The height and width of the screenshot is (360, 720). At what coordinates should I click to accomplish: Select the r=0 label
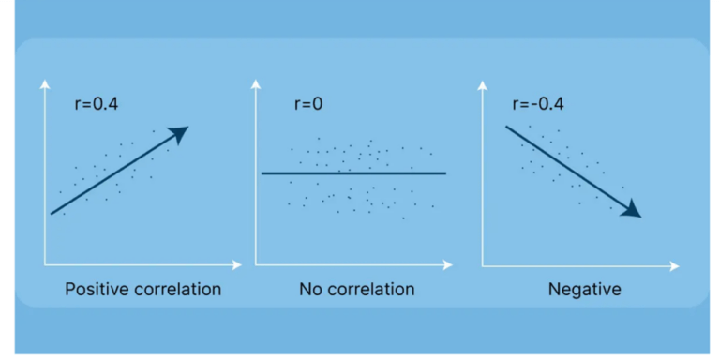[307, 103]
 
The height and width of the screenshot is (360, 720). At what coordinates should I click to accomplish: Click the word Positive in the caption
[98, 290]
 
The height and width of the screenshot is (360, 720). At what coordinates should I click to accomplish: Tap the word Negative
[584, 290]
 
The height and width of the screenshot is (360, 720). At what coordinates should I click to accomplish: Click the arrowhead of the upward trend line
[179, 134]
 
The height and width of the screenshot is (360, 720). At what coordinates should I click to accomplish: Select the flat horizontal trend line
[353, 173]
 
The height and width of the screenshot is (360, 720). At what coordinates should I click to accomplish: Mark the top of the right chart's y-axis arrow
[483, 85]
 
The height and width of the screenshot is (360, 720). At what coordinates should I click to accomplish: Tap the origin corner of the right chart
[483, 266]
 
